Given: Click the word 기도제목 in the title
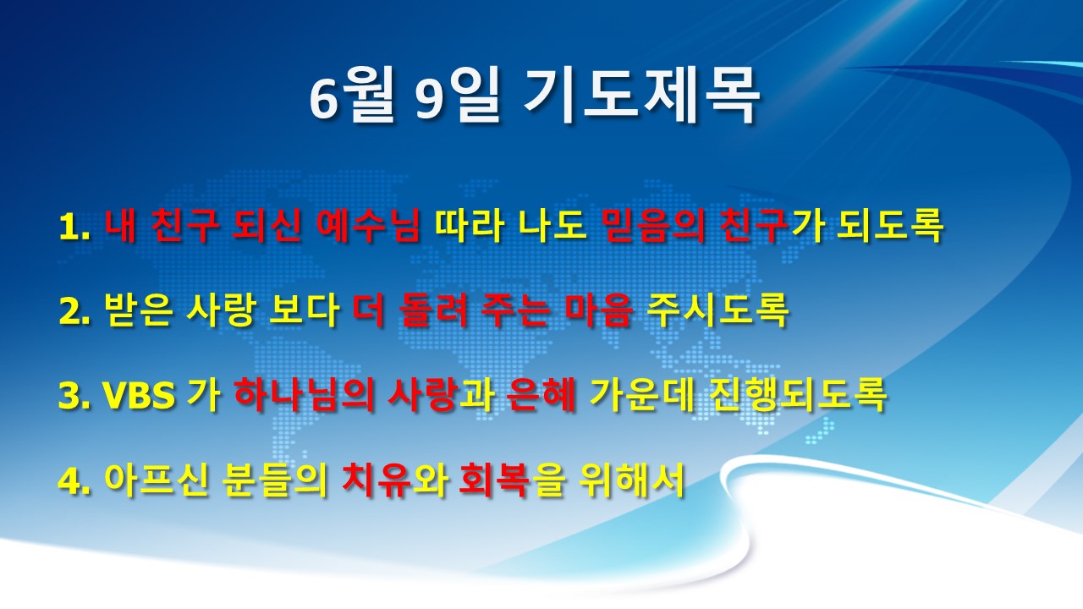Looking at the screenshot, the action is pyautogui.click(x=641, y=96).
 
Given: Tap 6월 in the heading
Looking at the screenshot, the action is pyautogui.click(x=353, y=96).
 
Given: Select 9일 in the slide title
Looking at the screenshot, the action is pyautogui.click(x=457, y=96).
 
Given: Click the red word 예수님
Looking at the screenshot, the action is pyautogui.click(x=368, y=225).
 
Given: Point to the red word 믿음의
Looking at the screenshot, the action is pyautogui.click(x=655, y=225).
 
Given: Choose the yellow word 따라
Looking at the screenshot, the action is pyautogui.click(x=469, y=225).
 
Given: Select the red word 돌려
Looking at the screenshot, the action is pyautogui.click(x=434, y=310).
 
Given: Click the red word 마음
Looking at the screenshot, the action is pyautogui.click(x=598, y=310).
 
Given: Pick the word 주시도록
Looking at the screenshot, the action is pyautogui.click(x=717, y=310).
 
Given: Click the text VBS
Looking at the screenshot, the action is pyautogui.click(x=139, y=395).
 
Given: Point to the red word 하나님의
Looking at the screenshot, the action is pyautogui.click(x=305, y=394).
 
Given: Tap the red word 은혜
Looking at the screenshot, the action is pyautogui.click(x=541, y=394).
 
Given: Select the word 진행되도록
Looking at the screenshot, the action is pyautogui.click(x=798, y=394).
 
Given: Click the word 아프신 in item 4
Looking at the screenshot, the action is pyautogui.click(x=157, y=480).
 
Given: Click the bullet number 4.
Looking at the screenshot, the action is pyautogui.click(x=74, y=481).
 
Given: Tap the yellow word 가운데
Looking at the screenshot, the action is pyautogui.click(x=642, y=394).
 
